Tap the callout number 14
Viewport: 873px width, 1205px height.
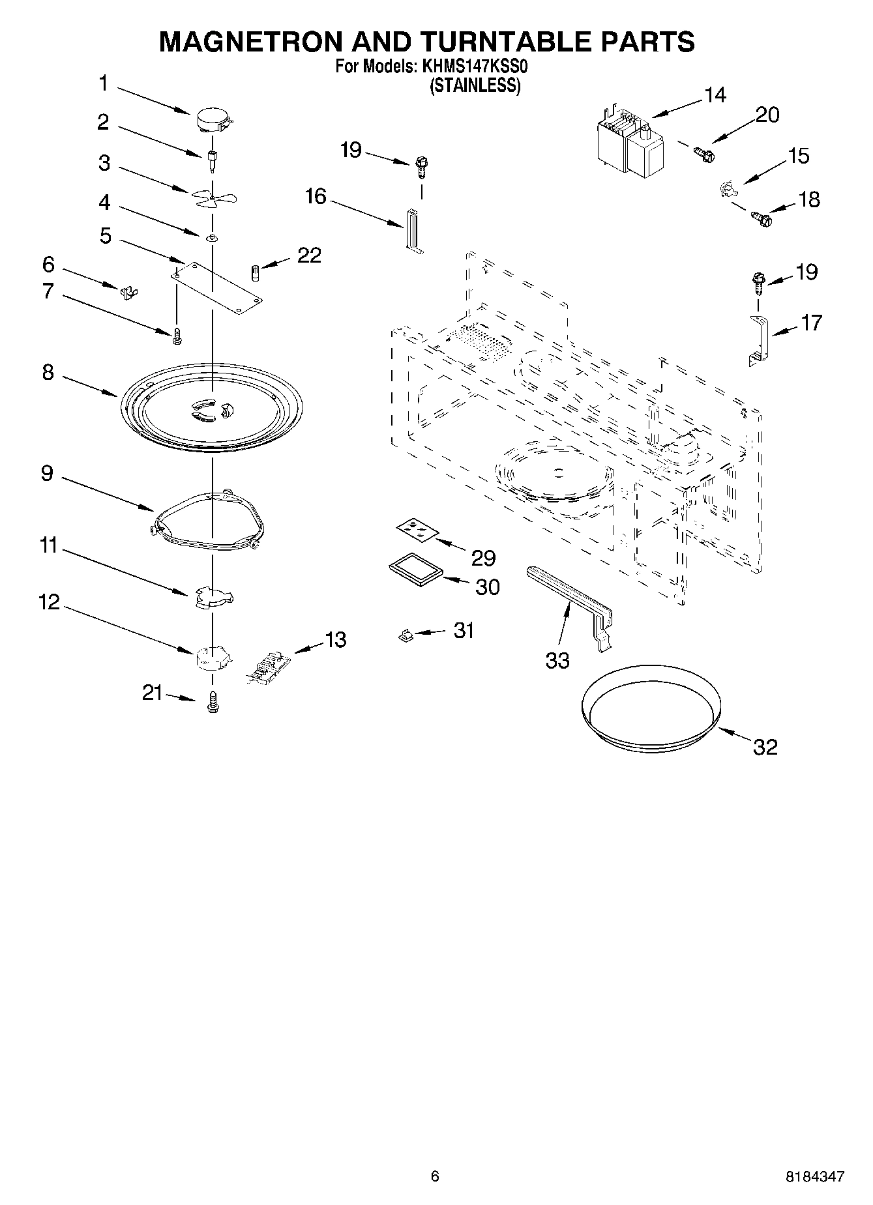pos(715,95)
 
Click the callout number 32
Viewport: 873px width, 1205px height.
pos(765,747)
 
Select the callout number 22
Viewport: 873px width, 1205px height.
pos(309,255)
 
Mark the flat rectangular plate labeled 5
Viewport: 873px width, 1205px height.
pos(218,285)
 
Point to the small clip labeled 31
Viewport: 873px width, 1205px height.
pos(405,634)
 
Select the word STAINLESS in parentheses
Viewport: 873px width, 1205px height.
pos(475,86)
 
